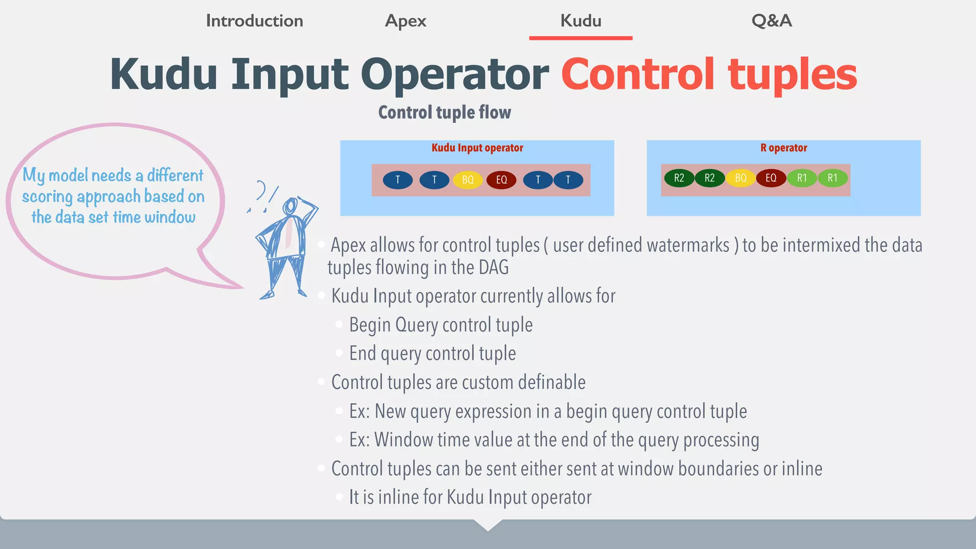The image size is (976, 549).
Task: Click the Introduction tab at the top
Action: pyautogui.click(x=254, y=21)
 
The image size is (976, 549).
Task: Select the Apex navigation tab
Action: pyautogui.click(x=406, y=21)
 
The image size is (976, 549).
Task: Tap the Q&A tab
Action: pyautogui.click(x=772, y=21)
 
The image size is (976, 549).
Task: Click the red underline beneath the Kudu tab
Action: pyautogui.click(x=580, y=38)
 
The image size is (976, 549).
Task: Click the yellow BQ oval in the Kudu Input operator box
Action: pyautogui.click(x=468, y=180)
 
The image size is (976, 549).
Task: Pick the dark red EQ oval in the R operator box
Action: pyautogui.click(x=771, y=178)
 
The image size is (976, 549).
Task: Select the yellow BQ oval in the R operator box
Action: pyautogui.click(x=741, y=178)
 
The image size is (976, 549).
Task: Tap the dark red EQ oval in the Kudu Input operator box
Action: pyautogui.click(x=501, y=180)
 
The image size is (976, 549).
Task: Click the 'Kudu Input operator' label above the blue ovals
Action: pyautogui.click(x=477, y=148)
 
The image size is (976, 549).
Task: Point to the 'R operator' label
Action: pyautogui.click(x=783, y=148)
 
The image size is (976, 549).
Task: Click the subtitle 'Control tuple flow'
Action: pyautogui.click(x=444, y=112)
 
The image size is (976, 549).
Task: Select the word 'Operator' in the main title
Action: pyautogui.click(x=455, y=74)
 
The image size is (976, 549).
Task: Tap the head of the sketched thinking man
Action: pyautogui.click(x=290, y=207)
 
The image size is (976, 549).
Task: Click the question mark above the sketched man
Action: pyautogui.click(x=261, y=191)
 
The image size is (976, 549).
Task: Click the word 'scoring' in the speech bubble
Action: pyautogui.click(x=47, y=197)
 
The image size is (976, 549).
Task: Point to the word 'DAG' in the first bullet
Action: pyautogui.click(x=494, y=267)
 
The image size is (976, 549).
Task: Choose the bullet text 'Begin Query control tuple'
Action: pyautogui.click(x=441, y=325)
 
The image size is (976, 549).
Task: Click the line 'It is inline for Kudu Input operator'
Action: pyautogui.click(x=470, y=497)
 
